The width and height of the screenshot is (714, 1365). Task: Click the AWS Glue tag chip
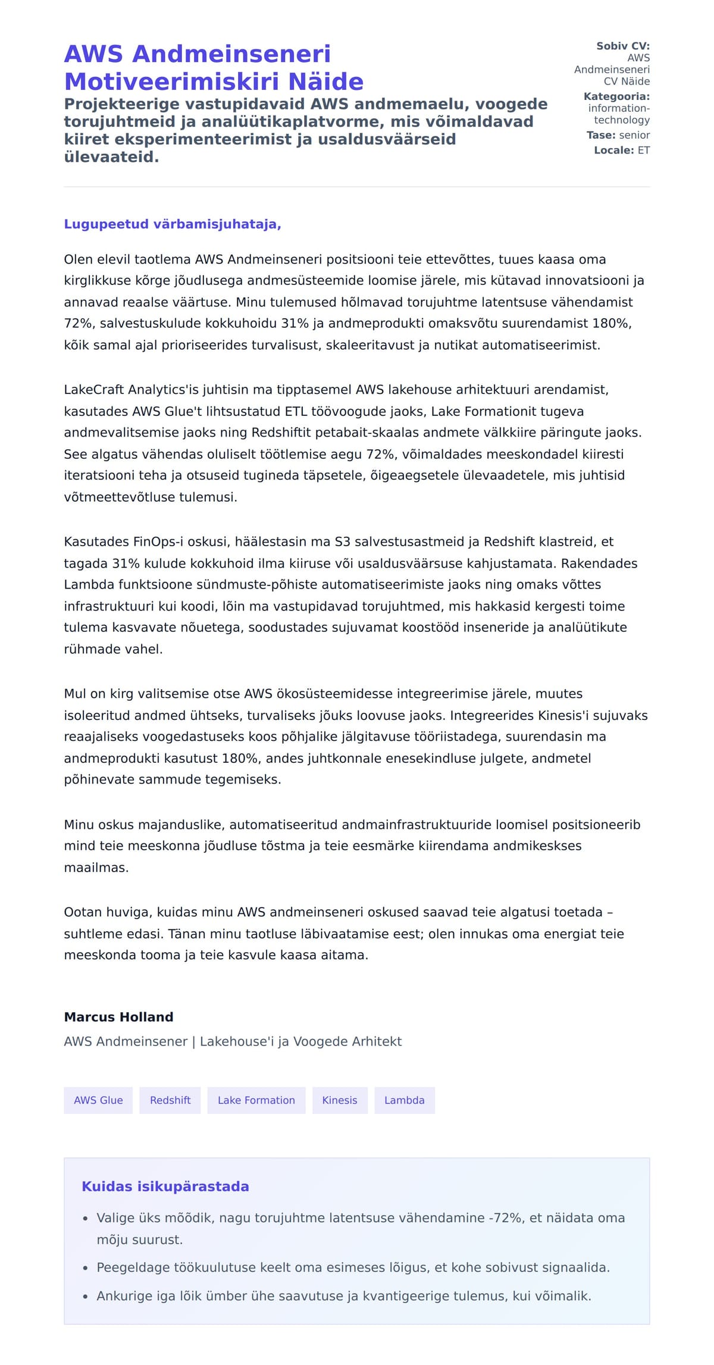pyautogui.click(x=98, y=1100)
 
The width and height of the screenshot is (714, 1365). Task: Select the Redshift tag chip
pyautogui.click(x=170, y=1100)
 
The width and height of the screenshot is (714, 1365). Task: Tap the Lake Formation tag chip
pyautogui.click(x=256, y=1100)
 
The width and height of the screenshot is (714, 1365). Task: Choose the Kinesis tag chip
pyautogui.click(x=340, y=1100)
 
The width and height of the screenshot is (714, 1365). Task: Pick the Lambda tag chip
pyautogui.click(x=405, y=1100)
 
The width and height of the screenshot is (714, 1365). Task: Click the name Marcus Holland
pyautogui.click(x=118, y=1017)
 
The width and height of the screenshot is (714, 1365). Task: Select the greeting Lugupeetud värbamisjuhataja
pyautogui.click(x=173, y=224)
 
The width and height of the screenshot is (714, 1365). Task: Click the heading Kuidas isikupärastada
pyautogui.click(x=165, y=1186)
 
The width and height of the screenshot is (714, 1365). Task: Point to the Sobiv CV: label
pyautogui.click(x=623, y=46)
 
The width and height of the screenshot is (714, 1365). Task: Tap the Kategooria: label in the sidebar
pyautogui.click(x=616, y=96)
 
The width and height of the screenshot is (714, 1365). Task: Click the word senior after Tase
pyautogui.click(x=634, y=135)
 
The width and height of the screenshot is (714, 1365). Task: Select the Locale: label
pyautogui.click(x=614, y=151)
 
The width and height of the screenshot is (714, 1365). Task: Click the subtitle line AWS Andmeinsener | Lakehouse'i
pyautogui.click(x=233, y=1041)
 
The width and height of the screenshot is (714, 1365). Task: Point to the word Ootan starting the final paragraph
pyautogui.click(x=82, y=912)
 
